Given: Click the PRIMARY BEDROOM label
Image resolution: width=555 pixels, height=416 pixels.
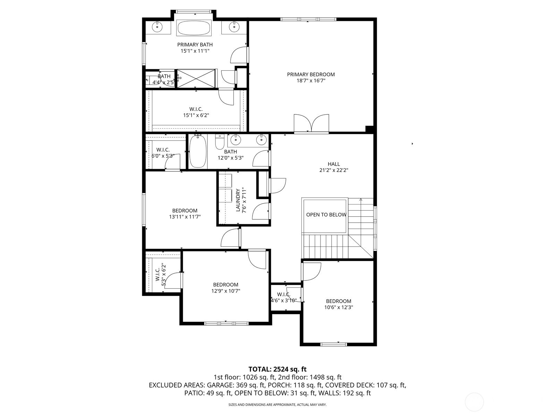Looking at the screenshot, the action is [x=311, y=75].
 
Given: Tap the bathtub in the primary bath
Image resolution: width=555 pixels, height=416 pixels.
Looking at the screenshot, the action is [x=194, y=27].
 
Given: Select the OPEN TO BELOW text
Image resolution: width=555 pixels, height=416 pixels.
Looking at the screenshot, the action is [x=326, y=215].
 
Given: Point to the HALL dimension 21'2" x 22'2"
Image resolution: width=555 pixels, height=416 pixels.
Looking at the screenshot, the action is [x=334, y=170].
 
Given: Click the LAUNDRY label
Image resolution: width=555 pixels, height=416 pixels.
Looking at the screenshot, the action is [x=238, y=200].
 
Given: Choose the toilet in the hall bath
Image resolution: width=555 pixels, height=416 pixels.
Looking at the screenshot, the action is [x=220, y=142].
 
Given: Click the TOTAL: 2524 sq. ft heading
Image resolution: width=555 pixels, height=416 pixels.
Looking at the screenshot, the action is [x=277, y=369].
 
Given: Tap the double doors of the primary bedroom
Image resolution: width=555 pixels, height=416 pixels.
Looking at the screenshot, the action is [x=311, y=123].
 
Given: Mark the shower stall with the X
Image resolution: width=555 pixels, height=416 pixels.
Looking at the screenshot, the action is [x=196, y=79].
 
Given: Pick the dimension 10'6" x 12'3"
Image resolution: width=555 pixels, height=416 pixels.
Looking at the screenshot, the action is [x=339, y=307].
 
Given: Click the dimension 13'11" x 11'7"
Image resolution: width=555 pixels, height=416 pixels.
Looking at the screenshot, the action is [x=185, y=217].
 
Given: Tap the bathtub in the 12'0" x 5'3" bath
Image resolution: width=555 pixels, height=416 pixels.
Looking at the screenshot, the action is [x=198, y=152].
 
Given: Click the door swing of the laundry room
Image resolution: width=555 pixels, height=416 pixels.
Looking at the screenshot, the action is [x=261, y=211].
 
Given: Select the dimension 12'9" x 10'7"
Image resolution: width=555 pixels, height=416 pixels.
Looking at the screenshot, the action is [x=226, y=291].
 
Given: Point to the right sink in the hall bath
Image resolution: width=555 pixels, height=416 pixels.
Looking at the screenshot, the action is [x=261, y=139].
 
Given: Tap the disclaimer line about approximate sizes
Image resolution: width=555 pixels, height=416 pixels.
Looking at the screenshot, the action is [x=277, y=405].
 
